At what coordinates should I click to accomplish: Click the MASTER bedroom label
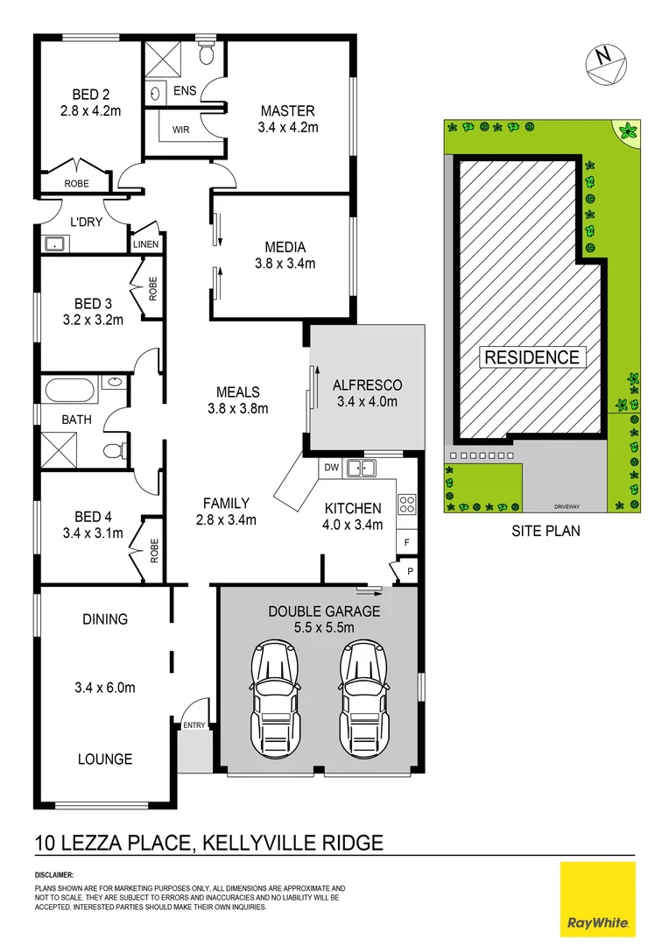click(287, 111)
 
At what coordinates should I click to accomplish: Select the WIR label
click(181, 130)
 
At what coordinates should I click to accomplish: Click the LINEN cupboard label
click(146, 244)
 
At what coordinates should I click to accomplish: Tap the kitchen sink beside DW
click(360, 468)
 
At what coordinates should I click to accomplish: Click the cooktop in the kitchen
click(407, 505)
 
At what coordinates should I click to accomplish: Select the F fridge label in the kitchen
click(407, 543)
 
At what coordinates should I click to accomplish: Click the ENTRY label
click(194, 724)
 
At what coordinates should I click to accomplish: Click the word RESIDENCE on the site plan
click(532, 357)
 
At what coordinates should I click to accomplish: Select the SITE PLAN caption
click(546, 531)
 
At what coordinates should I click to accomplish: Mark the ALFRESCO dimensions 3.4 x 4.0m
click(367, 402)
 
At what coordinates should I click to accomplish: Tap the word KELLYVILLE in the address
click(258, 844)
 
